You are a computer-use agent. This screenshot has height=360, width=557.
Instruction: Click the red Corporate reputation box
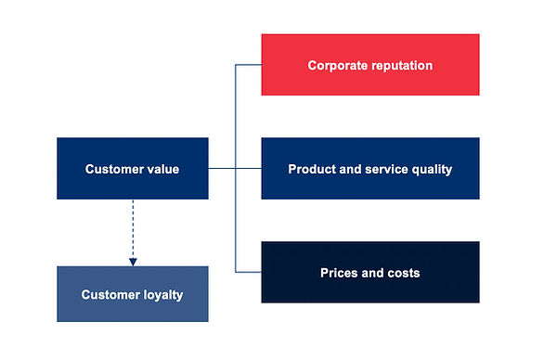[x=369, y=65]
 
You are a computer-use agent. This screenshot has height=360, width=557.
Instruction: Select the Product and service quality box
[x=369, y=169]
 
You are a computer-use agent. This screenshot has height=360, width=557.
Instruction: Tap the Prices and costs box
[x=369, y=273]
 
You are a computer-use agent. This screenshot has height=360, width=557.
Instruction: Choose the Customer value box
[x=132, y=169]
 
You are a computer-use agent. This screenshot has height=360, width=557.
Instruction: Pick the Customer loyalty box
[x=132, y=295]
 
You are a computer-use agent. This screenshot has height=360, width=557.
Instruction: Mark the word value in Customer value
[x=163, y=170]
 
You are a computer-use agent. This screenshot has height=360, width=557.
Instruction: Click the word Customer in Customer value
[x=113, y=170]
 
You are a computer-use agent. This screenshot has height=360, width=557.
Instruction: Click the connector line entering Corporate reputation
[x=248, y=65]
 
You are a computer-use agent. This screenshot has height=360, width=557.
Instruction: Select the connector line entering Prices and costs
[x=248, y=272]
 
